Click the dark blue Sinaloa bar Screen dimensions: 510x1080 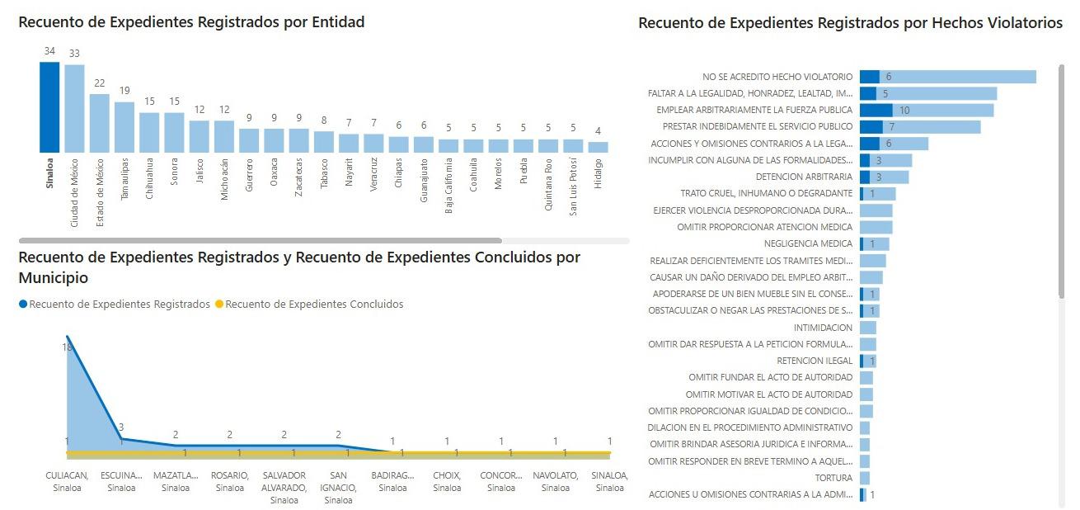[49, 107]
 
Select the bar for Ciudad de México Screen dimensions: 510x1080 [74, 109]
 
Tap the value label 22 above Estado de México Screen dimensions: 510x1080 [100, 83]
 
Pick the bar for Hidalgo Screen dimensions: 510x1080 [599, 147]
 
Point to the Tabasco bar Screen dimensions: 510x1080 [324, 142]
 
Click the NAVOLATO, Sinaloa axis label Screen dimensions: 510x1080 [555, 482]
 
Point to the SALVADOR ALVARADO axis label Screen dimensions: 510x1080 [284, 487]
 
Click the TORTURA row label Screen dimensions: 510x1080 [833, 478]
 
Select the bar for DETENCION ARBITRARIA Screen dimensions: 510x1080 [884, 177]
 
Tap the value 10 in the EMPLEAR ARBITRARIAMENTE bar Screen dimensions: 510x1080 [904, 110]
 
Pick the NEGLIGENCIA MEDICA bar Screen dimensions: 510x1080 [874, 244]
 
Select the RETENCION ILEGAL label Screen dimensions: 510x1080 [815, 361]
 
